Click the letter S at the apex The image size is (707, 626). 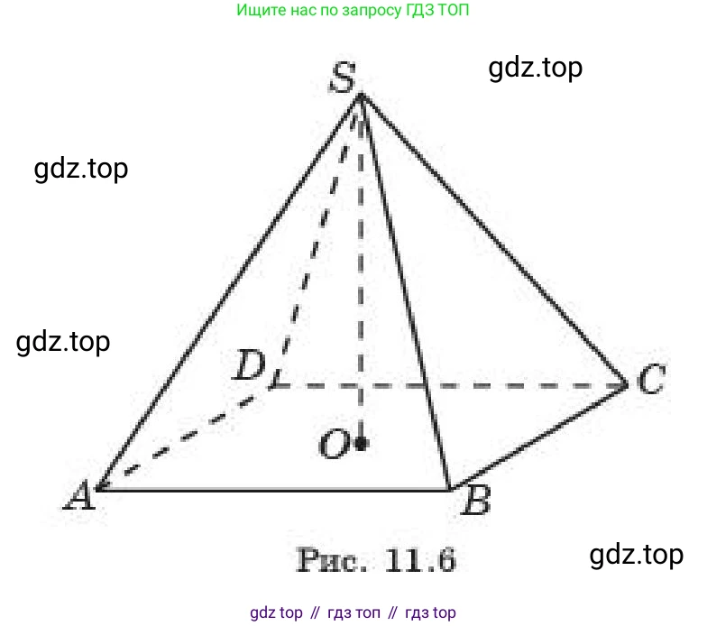343,78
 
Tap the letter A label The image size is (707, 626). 80,495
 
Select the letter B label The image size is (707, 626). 476,501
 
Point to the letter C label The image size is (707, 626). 652,378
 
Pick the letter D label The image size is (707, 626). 249,364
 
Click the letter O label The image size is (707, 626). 334,444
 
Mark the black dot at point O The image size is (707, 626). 361,444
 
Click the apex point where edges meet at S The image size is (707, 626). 361,94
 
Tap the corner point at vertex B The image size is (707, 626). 449,489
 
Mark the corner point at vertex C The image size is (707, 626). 626,385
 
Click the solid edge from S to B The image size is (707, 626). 405,291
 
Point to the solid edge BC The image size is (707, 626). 537,437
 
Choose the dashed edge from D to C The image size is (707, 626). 450,386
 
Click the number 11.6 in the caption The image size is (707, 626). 419,560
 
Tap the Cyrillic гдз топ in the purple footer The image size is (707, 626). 353,613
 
